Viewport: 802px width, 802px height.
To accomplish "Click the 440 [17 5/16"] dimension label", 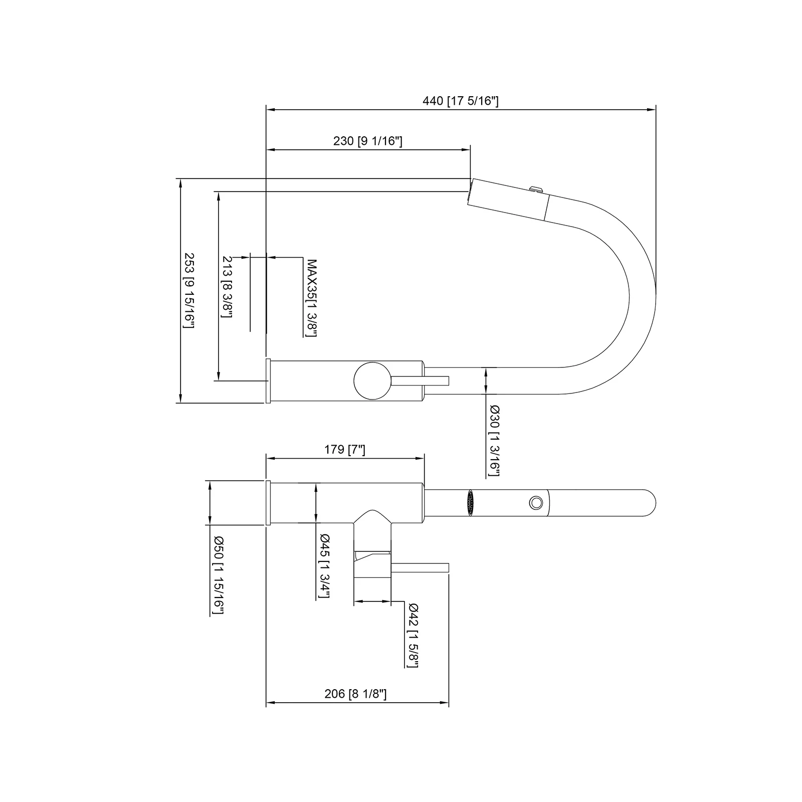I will (460, 101).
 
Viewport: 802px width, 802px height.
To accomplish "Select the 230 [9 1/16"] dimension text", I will (367, 141).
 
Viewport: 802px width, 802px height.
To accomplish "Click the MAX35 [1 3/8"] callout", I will (312, 298).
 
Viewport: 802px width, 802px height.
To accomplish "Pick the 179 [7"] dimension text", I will (344, 450).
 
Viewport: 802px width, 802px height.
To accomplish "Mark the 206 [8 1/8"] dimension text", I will (355, 694).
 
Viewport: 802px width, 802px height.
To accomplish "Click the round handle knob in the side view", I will (372, 380).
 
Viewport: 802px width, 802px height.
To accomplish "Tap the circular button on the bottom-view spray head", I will (535, 502).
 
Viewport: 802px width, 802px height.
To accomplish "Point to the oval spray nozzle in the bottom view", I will (470, 502).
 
